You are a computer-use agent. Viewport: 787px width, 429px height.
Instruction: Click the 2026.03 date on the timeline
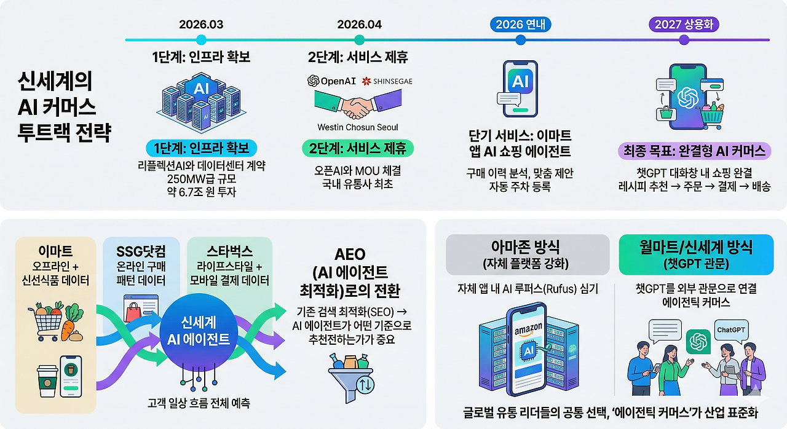point(201,25)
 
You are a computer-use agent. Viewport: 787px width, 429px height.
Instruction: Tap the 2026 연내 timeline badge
point(521,25)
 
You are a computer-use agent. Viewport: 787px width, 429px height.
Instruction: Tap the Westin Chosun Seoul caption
point(357,128)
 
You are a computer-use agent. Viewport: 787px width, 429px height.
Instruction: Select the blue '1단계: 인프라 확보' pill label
point(201,149)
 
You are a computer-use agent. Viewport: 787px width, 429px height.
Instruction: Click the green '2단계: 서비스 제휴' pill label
point(358,149)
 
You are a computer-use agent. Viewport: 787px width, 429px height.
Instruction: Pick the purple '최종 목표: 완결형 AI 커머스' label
point(694,151)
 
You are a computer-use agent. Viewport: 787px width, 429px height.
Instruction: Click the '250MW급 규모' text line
point(201,178)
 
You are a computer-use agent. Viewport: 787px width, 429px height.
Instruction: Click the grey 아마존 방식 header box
point(527,254)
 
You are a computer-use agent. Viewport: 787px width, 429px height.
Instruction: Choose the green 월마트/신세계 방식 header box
point(696,254)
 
